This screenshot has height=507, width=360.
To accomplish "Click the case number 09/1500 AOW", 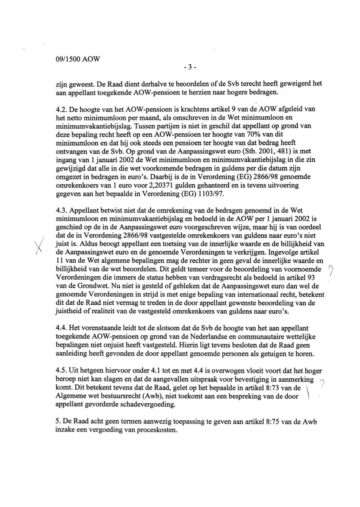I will pos(78,60).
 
